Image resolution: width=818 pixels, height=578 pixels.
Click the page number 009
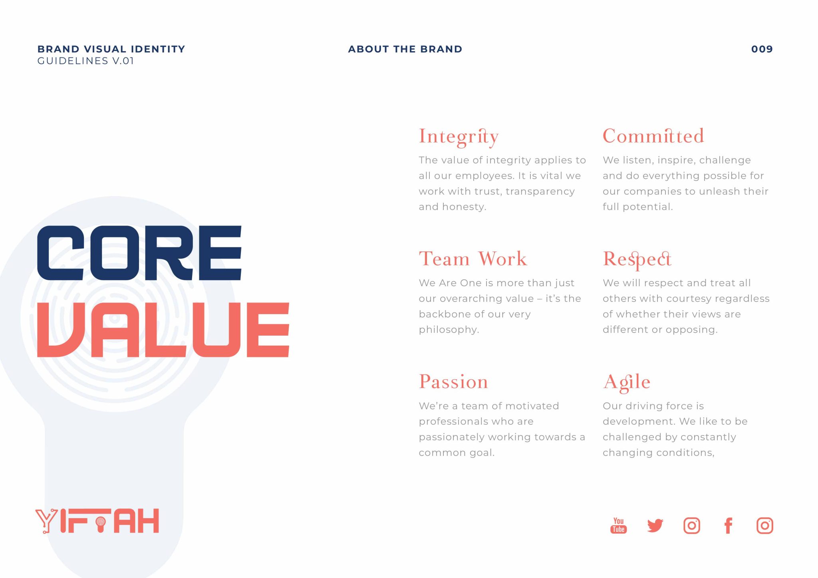tap(762, 49)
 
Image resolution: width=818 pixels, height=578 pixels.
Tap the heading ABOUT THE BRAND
tap(405, 49)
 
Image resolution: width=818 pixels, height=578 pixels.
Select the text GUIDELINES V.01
tap(85, 61)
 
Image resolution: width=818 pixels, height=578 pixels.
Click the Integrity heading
tap(459, 137)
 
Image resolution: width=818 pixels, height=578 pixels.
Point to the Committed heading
tap(653, 136)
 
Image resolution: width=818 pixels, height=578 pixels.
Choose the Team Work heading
tap(473, 259)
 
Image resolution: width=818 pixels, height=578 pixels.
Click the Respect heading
tap(637, 260)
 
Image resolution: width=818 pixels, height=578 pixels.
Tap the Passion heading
tap(453, 382)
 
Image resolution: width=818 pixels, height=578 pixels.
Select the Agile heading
tap(627, 383)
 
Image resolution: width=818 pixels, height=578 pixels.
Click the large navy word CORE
tap(139, 253)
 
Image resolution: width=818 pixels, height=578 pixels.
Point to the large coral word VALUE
tap(163, 330)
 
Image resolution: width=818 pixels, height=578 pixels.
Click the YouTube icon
tap(618, 525)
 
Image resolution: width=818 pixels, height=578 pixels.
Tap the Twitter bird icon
tap(655, 526)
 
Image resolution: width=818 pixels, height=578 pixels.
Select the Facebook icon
tap(728, 526)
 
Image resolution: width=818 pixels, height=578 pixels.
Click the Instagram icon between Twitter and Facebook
tap(692, 526)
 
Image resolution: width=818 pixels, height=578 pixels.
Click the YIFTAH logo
tap(97, 521)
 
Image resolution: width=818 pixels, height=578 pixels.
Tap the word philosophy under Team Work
tap(449, 330)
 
